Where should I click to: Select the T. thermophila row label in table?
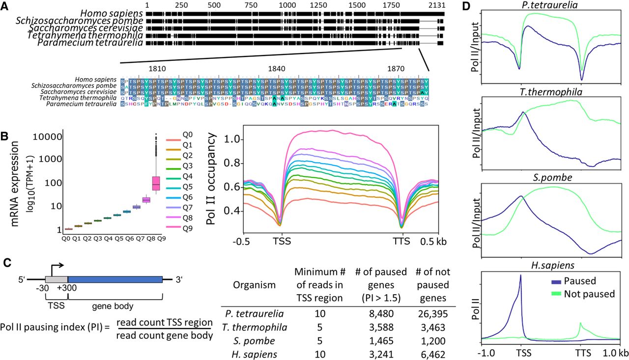(x=257, y=327)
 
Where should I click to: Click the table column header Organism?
(x=254, y=285)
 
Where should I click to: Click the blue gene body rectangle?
(x=115, y=279)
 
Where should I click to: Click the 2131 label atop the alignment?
(x=436, y=5)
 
